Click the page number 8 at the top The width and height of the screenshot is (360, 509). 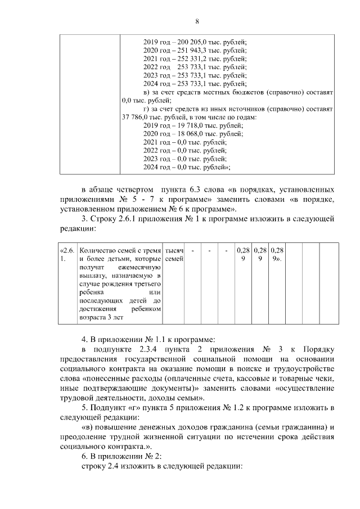click(x=197, y=21)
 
